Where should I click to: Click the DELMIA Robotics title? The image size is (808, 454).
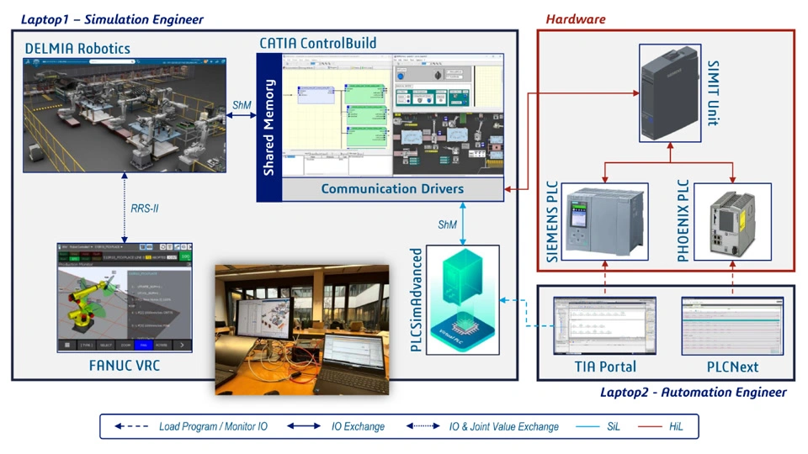click(77, 48)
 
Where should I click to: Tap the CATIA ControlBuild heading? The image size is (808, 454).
click(317, 42)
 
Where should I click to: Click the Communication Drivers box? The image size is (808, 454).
click(391, 189)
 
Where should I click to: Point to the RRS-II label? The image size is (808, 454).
click(145, 208)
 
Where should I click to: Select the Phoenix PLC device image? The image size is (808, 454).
click(732, 222)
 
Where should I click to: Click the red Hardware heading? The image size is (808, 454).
click(576, 18)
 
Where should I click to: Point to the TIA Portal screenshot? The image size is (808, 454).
click(604, 326)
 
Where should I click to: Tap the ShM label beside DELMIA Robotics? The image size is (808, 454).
click(242, 105)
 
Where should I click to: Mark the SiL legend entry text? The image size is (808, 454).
click(613, 426)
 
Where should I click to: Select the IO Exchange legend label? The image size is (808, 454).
click(358, 426)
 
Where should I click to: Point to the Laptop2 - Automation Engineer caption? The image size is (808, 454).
click(694, 392)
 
